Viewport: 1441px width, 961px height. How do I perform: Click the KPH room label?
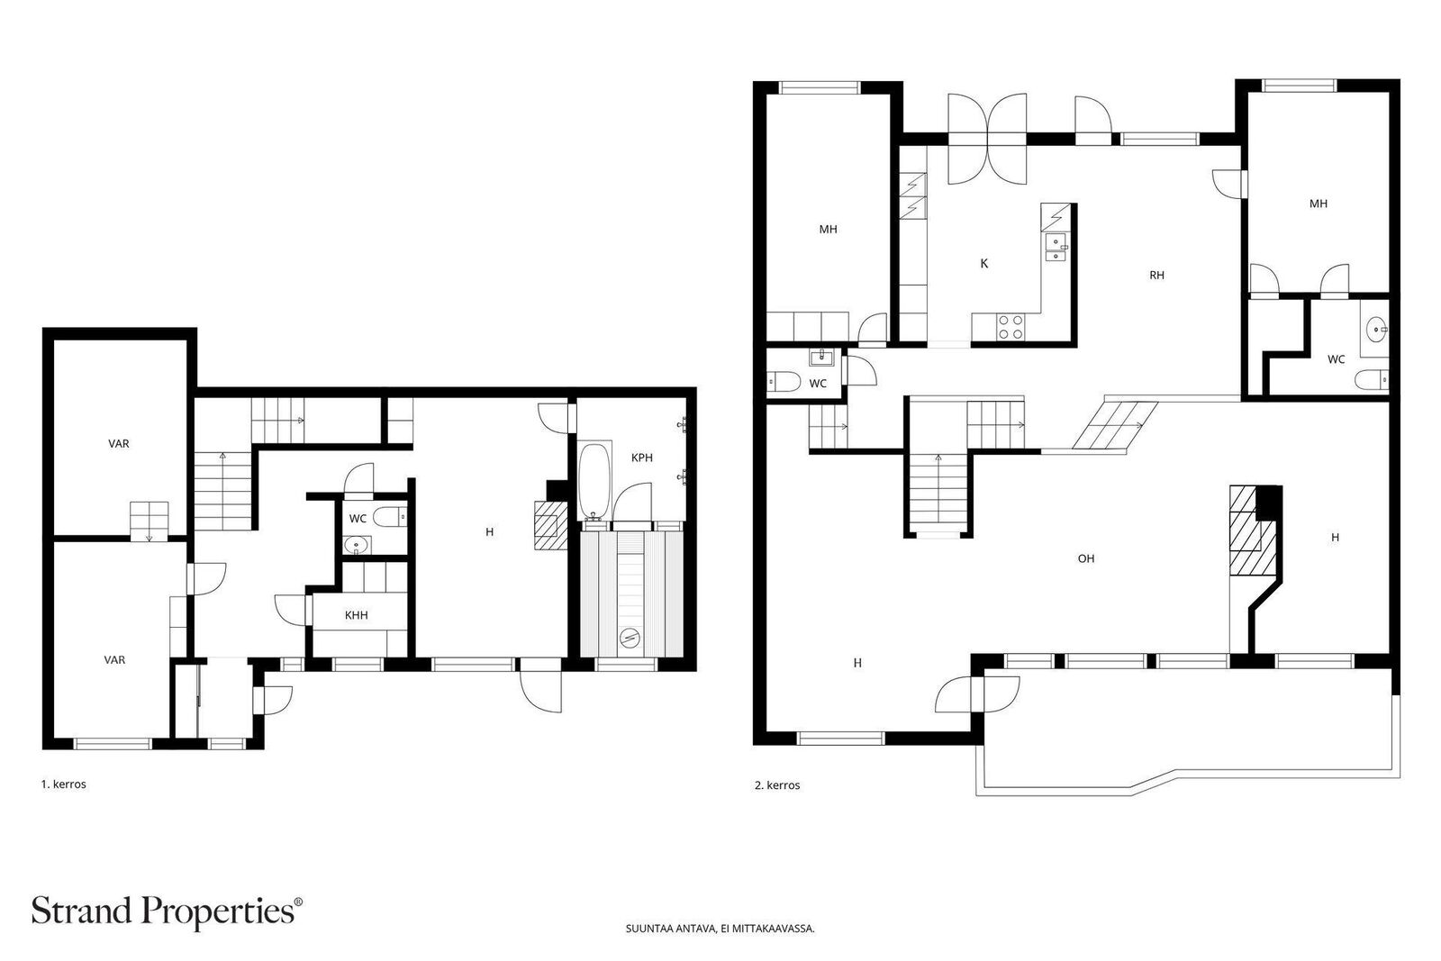click(641, 458)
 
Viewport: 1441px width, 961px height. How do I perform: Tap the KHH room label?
click(356, 615)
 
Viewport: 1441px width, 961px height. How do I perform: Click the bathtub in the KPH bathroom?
click(594, 480)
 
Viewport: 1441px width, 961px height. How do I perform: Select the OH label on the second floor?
click(1086, 558)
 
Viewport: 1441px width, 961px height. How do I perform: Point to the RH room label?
click(1156, 276)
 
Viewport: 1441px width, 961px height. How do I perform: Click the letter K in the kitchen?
click(983, 264)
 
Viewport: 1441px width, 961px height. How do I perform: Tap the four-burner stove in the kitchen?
click(1010, 326)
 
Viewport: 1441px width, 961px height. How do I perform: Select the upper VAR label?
click(119, 443)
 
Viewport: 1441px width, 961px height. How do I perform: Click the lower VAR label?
click(114, 660)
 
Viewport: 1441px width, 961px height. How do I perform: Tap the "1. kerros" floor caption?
click(63, 784)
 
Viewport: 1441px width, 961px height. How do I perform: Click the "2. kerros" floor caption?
click(777, 785)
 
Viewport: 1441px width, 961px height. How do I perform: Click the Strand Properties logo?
click(168, 911)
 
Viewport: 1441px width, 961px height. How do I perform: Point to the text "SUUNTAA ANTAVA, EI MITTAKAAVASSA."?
click(720, 928)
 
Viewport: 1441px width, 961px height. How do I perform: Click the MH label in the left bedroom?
click(828, 230)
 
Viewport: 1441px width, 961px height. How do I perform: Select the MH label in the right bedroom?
click(1318, 204)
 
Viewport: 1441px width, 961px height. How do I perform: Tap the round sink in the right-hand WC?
click(1375, 330)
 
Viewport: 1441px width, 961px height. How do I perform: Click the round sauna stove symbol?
click(629, 639)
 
